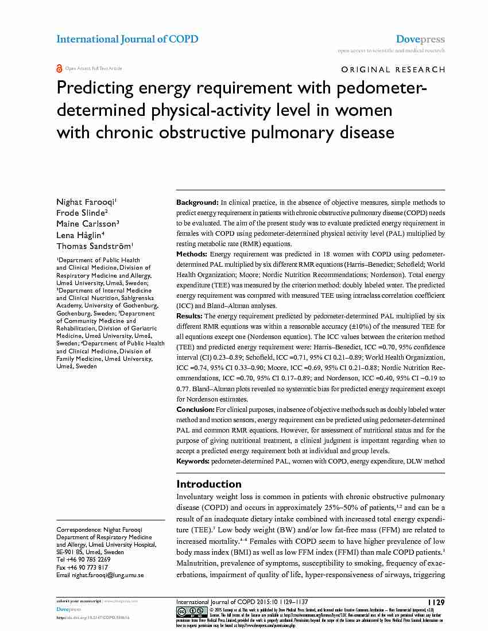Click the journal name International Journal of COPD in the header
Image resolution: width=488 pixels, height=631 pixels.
(127, 39)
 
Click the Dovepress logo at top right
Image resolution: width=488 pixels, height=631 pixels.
(420, 39)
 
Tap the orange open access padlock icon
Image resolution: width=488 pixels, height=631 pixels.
(59, 68)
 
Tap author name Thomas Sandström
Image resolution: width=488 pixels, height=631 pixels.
(93, 246)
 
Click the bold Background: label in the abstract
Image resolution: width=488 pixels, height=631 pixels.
(197, 203)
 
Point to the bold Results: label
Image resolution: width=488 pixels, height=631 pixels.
(189, 316)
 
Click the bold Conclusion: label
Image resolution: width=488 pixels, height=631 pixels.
(195, 410)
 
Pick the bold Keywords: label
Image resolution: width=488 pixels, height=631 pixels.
(193, 461)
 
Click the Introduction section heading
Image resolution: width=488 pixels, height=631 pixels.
(208, 484)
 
